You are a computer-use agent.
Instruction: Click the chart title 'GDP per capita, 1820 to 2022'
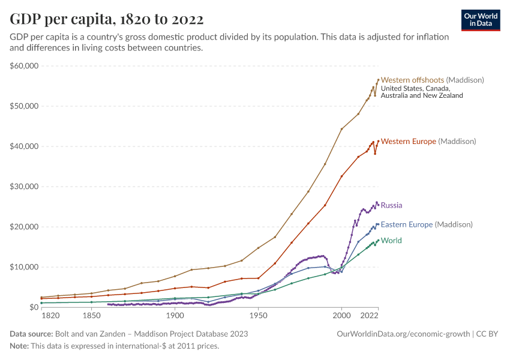tap(106, 19)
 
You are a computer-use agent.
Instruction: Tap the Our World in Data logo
tap(481, 20)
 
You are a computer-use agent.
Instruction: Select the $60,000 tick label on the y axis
tap(25, 66)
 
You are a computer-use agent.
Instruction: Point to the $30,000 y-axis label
tap(25, 187)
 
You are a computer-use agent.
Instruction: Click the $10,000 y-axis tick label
tap(25, 267)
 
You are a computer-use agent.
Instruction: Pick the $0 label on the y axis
tap(33, 307)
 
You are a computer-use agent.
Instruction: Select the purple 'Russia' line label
tap(391, 205)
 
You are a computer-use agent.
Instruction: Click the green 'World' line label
tap(391, 241)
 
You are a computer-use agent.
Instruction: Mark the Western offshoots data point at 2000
tap(341, 129)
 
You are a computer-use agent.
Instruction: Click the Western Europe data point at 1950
tap(258, 278)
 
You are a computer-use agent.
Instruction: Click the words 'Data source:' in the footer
tap(31, 334)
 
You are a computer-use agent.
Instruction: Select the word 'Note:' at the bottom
tap(20, 346)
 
